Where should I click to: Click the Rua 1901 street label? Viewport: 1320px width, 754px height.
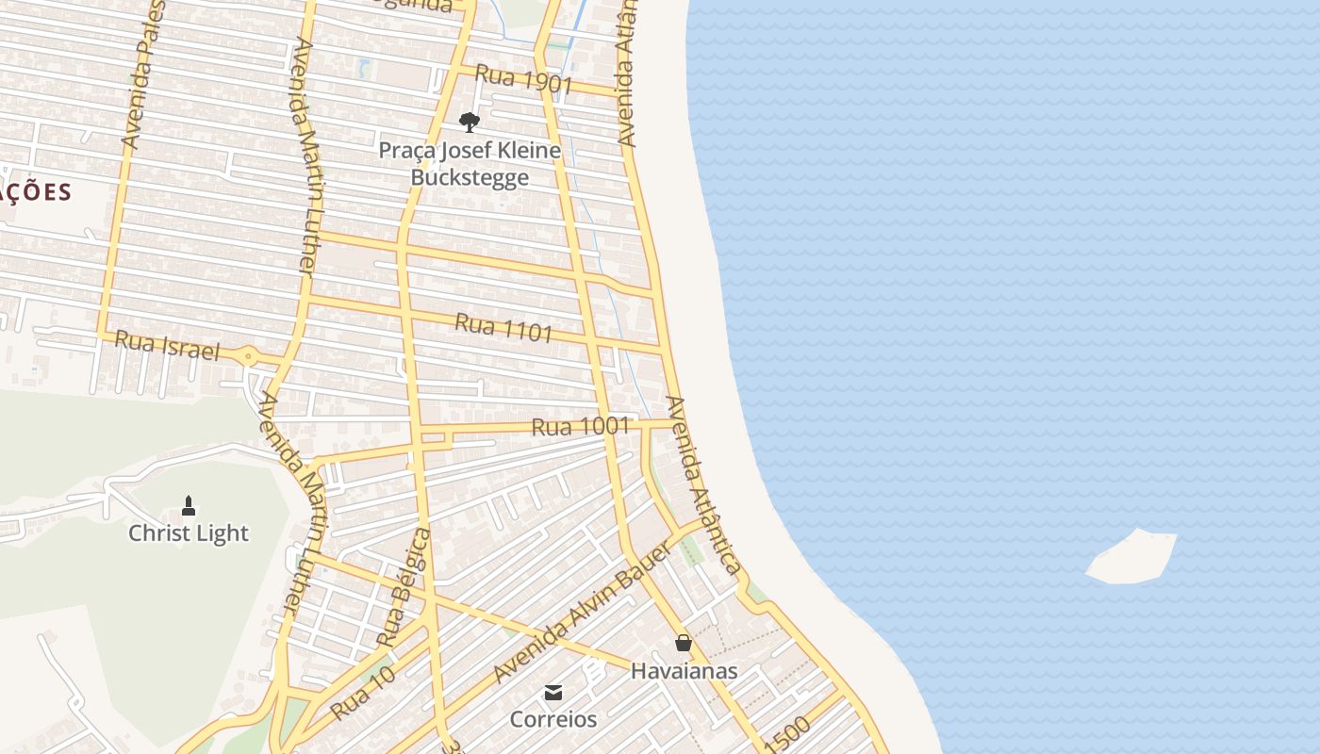click(x=524, y=79)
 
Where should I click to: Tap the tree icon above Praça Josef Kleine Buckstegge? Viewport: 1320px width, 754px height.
click(x=469, y=122)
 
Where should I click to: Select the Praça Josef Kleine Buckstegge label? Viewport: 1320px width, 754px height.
click(x=470, y=164)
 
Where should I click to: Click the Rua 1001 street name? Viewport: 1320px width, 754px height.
click(x=580, y=427)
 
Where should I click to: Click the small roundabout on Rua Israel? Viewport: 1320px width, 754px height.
click(x=248, y=356)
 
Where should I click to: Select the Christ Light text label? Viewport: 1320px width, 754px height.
click(x=189, y=533)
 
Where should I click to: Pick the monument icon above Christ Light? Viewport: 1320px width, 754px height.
click(x=189, y=506)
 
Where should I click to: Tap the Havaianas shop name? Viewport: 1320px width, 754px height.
click(x=684, y=671)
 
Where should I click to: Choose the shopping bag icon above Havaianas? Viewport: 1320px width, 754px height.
click(x=684, y=643)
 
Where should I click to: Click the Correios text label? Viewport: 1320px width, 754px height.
click(x=553, y=719)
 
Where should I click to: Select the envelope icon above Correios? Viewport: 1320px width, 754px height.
click(x=553, y=694)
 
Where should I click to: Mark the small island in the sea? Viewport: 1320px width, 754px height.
click(x=1132, y=557)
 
